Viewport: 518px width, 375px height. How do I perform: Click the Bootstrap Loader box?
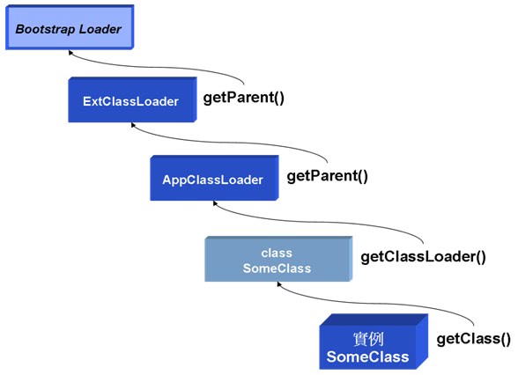coord(70,27)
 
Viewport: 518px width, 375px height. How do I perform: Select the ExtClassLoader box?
coord(132,99)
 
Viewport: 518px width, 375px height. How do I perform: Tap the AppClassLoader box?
coord(214,178)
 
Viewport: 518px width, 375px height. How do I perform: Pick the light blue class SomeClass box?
coord(278,259)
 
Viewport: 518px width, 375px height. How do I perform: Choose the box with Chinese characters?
coord(374,342)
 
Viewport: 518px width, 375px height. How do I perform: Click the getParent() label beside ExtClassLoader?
coord(243,98)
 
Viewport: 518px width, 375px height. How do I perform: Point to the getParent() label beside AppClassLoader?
coord(327,176)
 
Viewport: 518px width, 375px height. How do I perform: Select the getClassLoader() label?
coord(423,257)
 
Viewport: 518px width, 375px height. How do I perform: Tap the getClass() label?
coord(473,339)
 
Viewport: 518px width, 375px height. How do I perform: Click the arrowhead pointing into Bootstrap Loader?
coord(70,53)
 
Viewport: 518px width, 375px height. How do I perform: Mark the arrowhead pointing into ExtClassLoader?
coord(133,125)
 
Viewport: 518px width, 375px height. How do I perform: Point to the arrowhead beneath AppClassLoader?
coord(215,203)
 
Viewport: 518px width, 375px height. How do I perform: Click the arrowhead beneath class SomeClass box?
coord(279,284)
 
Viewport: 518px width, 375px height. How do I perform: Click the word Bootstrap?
coord(45,29)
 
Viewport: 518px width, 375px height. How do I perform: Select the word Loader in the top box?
coord(100,29)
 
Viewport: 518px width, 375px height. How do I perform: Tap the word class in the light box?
coord(277,254)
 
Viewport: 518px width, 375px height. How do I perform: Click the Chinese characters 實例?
coord(368,339)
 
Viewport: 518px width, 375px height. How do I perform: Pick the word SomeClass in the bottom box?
coord(367,357)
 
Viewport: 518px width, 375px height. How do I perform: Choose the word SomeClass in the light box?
coord(277,268)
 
